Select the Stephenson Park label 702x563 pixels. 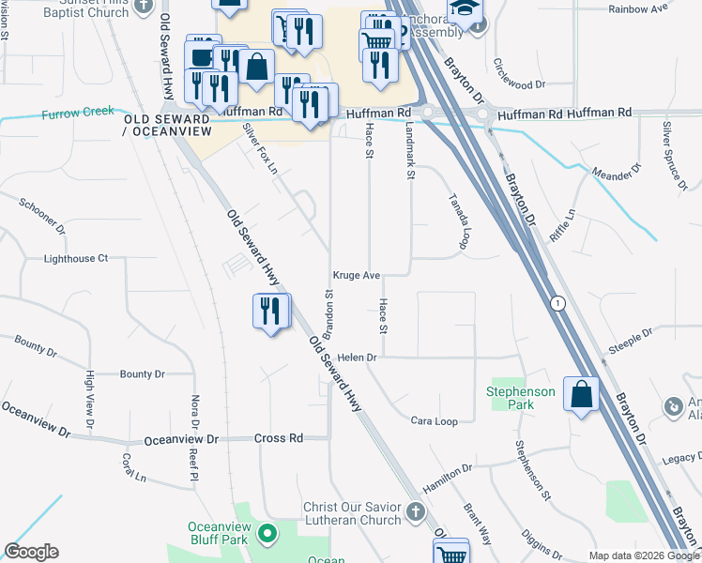click(x=521, y=398)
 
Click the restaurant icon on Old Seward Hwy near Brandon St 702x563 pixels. click(x=271, y=311)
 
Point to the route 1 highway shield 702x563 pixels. click(x=559, y=303)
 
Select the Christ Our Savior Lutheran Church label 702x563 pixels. click(x=351, y=513)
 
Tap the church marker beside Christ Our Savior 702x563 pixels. click(x=416, y=513)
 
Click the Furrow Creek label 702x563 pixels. click(x=78, y=113)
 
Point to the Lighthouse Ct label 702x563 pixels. click(x=76, y=258)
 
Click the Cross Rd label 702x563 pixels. click(x=279, y=438)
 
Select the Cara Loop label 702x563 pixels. click(x=435, y=421)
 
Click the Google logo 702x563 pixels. click(x=31, y=552)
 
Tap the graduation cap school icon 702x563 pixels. click(x=463, y=10)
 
